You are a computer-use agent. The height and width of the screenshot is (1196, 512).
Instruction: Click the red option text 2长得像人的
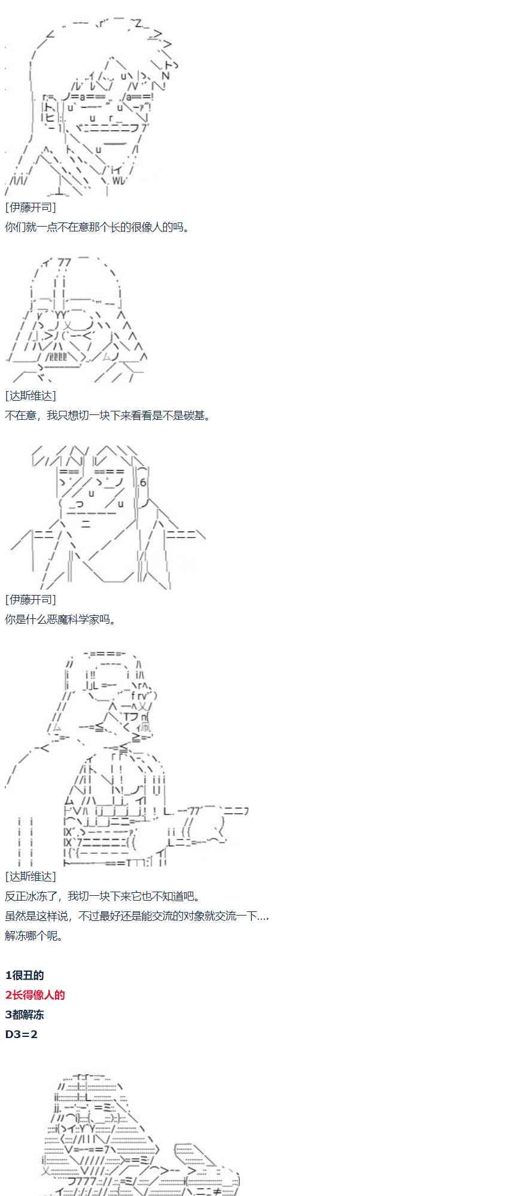pos(35,994)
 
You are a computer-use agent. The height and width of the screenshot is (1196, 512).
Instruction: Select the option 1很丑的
pos(25,975)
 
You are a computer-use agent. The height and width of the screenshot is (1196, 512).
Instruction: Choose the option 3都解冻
pos(25,1014)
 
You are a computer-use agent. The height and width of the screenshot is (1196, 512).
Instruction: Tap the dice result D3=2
pos(22,1034)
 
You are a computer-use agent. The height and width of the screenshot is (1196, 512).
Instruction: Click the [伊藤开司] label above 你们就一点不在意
pos(31,208)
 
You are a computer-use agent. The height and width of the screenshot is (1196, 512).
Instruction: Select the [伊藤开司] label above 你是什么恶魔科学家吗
pos(31,599)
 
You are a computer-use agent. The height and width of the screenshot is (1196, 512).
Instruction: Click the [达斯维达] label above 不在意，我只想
pos(31,395)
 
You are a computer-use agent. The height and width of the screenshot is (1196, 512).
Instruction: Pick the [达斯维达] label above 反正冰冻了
pos(31,876)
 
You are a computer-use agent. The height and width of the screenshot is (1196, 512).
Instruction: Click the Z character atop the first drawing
pos(138,24)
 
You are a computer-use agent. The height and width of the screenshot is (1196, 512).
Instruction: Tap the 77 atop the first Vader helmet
pos(65,263)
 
